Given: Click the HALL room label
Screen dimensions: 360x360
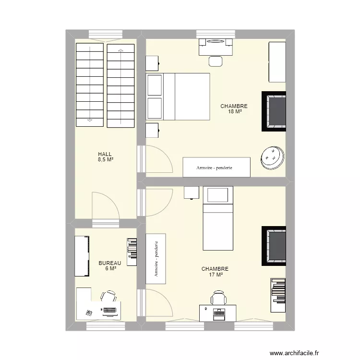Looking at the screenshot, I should tap(105, 154).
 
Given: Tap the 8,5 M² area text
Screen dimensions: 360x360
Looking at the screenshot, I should tap(105, 159).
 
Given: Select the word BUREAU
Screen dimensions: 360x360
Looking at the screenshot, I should tap(110, 263).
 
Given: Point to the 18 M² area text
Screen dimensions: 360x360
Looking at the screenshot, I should tap(234, 111).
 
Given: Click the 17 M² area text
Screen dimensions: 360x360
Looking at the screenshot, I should tap(215, 275).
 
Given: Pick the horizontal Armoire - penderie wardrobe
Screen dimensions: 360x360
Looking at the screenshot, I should tap(216, 167).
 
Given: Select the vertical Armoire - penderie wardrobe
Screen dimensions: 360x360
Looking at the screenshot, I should tap(156, 259).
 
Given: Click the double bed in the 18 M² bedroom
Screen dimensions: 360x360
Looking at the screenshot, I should tap(178, 96).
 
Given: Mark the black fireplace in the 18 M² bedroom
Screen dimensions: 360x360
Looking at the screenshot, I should tap(274, 111).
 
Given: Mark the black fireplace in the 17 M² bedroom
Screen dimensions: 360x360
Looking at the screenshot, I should tap(274, 246).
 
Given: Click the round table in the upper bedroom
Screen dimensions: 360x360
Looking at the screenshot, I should tap(272, 157).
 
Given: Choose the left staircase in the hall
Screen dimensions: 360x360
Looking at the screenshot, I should tap(90, 84).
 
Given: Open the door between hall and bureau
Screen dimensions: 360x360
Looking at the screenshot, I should tap(105, 205).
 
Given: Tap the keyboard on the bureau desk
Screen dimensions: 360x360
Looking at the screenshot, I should tap(110, 310).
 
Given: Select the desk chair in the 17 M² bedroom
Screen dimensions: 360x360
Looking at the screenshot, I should tap(218, 298).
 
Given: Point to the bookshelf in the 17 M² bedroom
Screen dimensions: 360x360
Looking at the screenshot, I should tap(278, 291).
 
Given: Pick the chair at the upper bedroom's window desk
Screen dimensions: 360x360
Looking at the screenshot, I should tap(216, 61).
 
